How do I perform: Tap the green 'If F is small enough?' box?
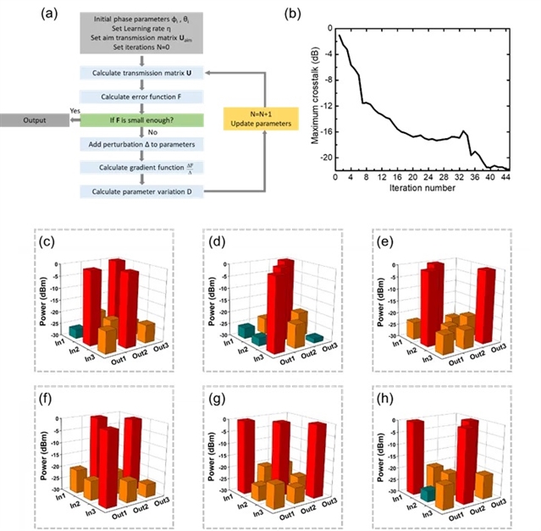137,121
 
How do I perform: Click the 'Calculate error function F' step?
137,98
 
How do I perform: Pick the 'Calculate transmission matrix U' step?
137,75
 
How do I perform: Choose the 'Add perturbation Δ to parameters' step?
137,145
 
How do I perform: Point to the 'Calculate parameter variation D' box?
137,192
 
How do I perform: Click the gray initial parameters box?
137,35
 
